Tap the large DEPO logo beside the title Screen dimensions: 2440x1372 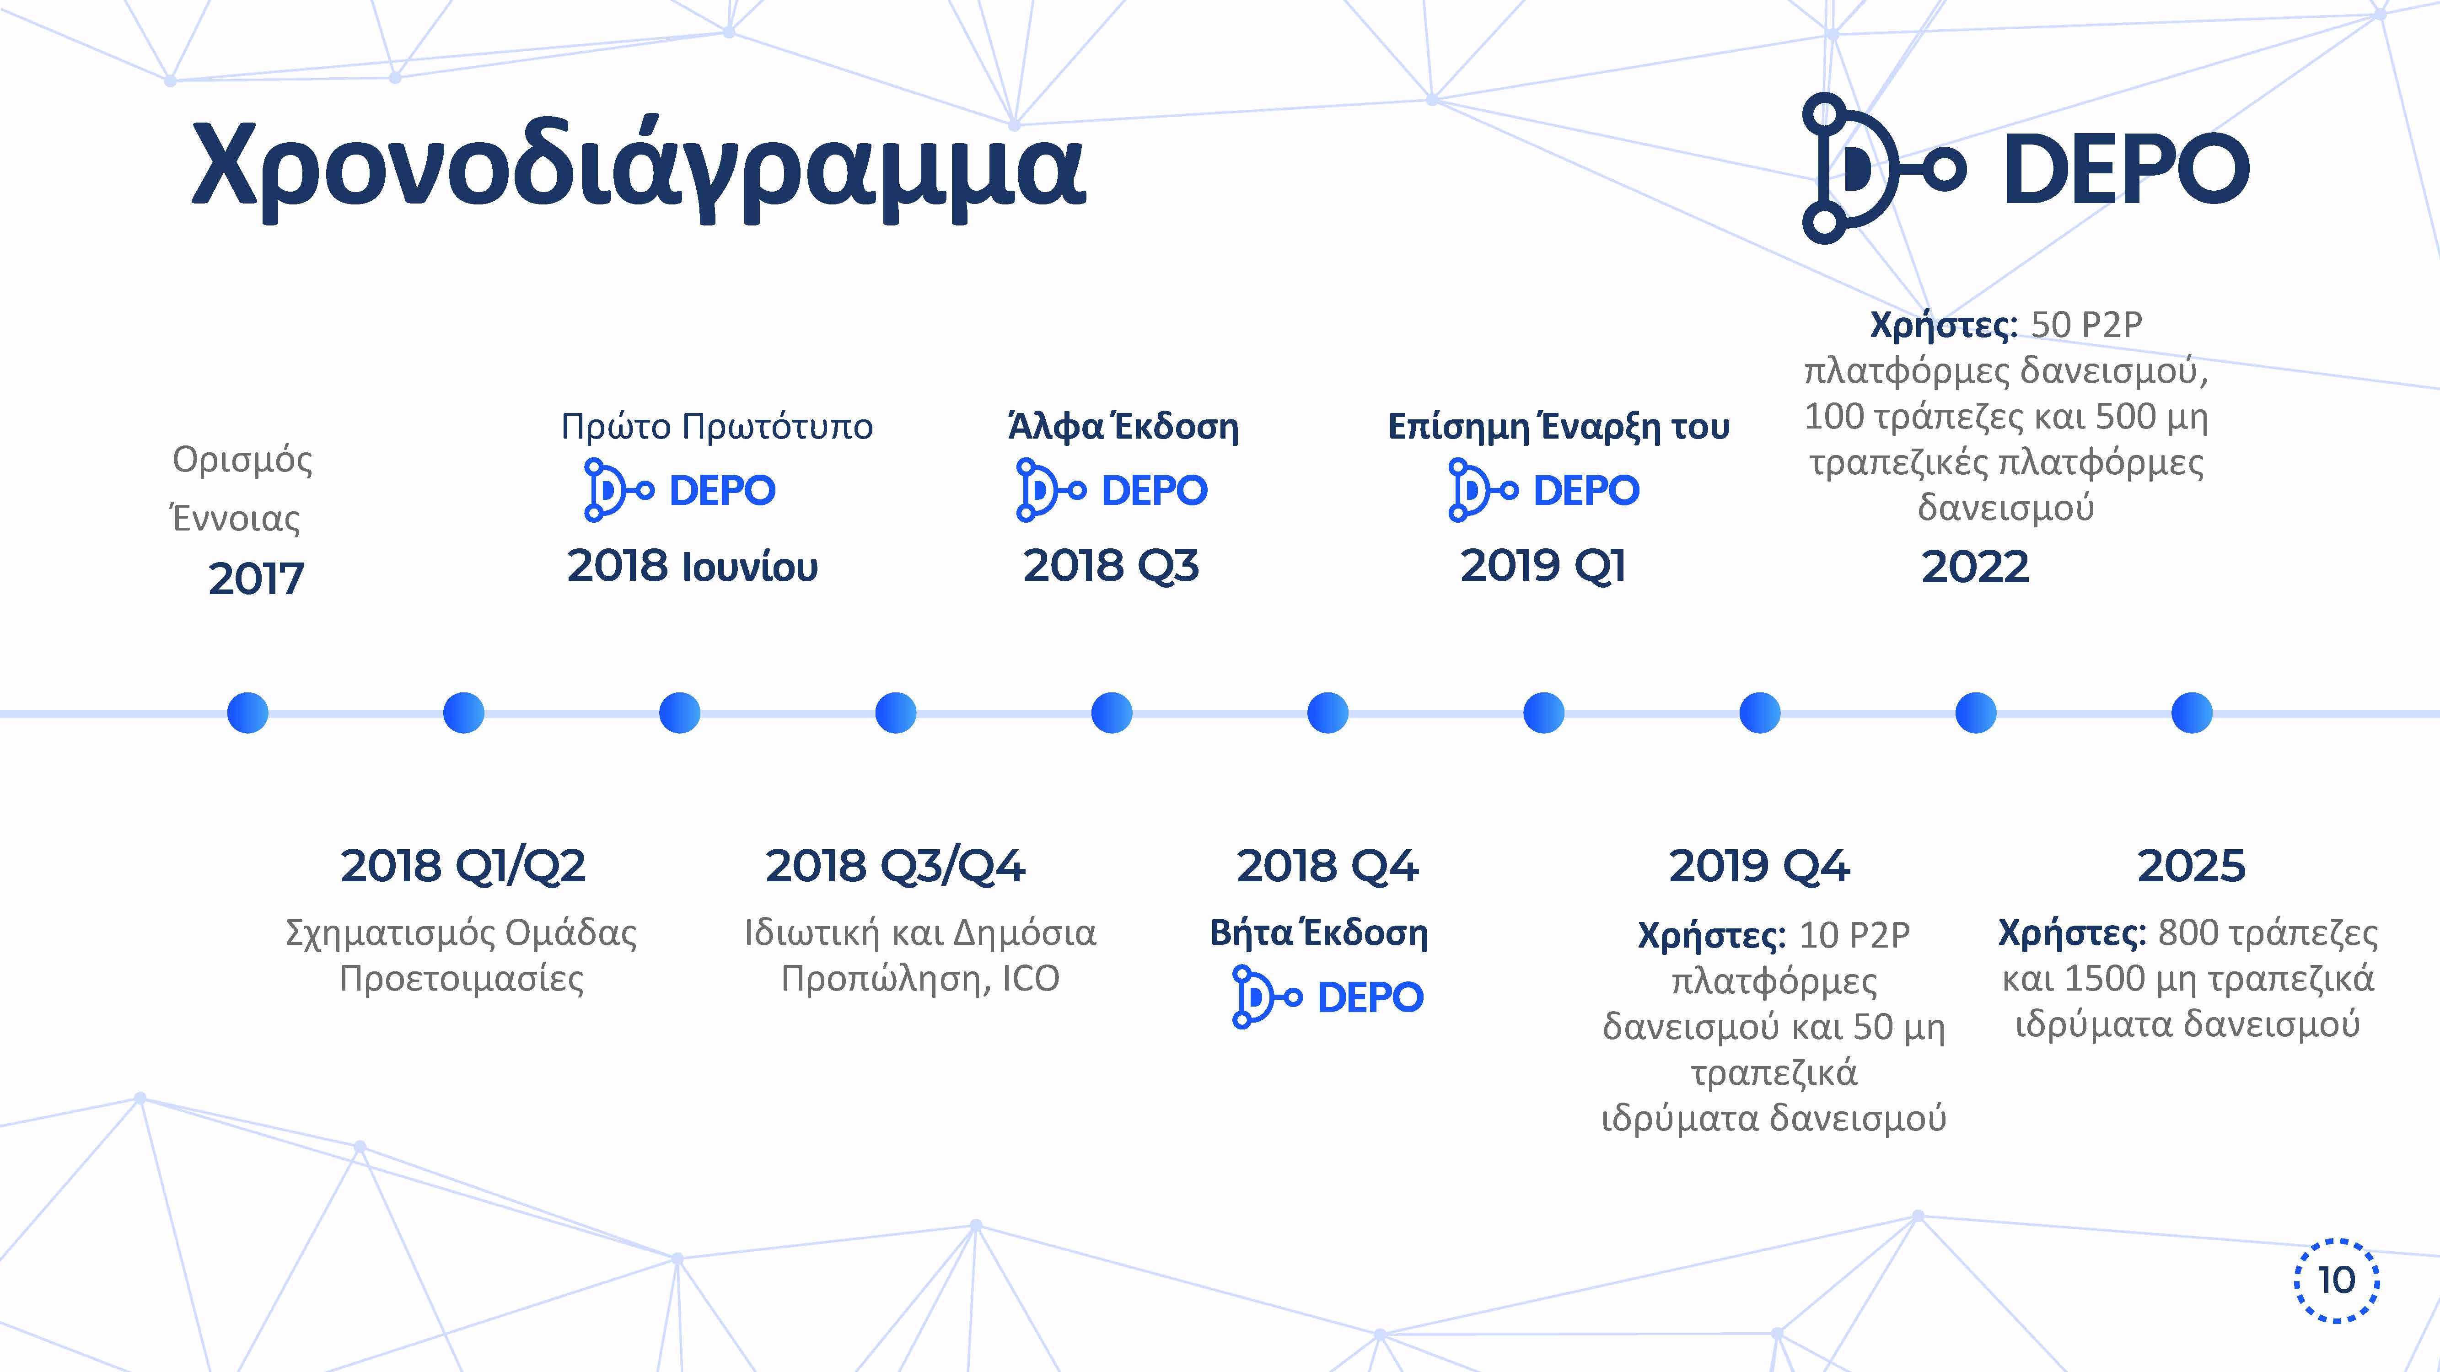(2025, 167)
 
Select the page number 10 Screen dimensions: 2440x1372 (2336, 1280)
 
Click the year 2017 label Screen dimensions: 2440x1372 (256, 578)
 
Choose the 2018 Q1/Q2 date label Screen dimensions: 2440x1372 (463, 865)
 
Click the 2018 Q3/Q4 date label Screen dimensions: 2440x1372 (895, 865)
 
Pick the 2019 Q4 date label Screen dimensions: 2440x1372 (1759, 865)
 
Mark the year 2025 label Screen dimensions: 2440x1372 (2191, 865)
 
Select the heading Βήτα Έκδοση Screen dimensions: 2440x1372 (1318, 933)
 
